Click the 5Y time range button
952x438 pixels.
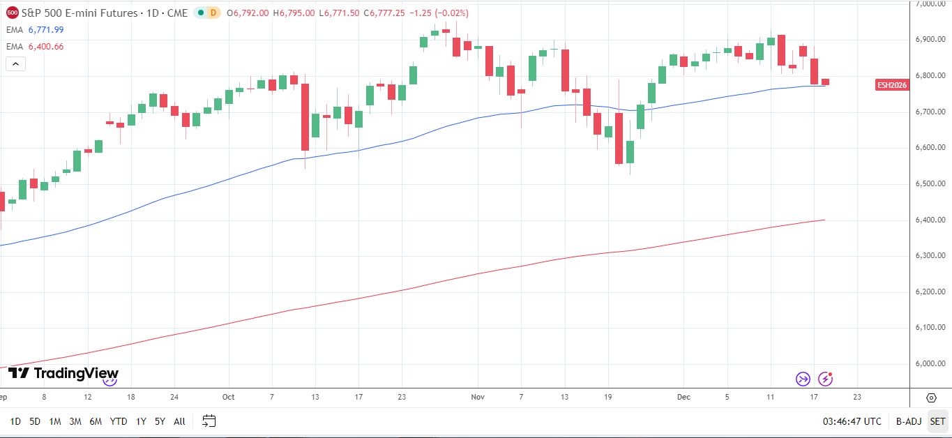click(x=160, y=421)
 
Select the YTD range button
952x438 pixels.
click(x=119, y=421)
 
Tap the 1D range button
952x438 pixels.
click(x=15, y=421)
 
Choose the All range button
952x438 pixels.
click(x=179, y=421)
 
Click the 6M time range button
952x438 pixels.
click(x=96, y=421)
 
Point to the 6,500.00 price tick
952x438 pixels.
click(x=930, y=184)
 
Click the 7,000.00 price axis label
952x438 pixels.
click(x=930, y=4)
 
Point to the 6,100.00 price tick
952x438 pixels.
click(x=930, y=328)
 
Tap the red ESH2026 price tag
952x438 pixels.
click(x=892, y=85)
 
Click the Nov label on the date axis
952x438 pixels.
click(x=478, y=397)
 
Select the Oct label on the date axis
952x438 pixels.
click(x=228, y=397)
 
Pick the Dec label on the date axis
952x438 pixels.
click(x=683, y=397)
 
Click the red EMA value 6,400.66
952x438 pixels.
click(x=46, y=46)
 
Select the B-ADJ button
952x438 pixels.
click(x=908, y=421)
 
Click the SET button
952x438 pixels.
click(x=937, y=421)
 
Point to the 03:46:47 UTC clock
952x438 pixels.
click(x=852, y=421)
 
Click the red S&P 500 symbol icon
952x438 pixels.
click(x=12, y=13)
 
